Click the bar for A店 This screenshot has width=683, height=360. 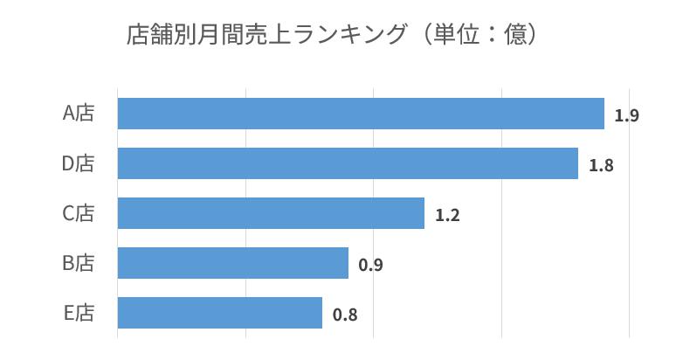click(361, 114)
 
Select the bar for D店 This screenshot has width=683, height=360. click(348, 163)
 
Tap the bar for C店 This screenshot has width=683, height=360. click(271, 213)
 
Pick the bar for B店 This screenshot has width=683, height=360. click(232, 263)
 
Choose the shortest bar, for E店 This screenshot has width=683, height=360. click(219, 313)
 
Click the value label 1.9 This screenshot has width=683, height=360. click(626, 115)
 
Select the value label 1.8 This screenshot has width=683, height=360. click(601, 165)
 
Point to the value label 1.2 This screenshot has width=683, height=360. click(447, 215)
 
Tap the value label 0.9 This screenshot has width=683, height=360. click(370, 265)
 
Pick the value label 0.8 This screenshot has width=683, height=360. click(345, 315)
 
